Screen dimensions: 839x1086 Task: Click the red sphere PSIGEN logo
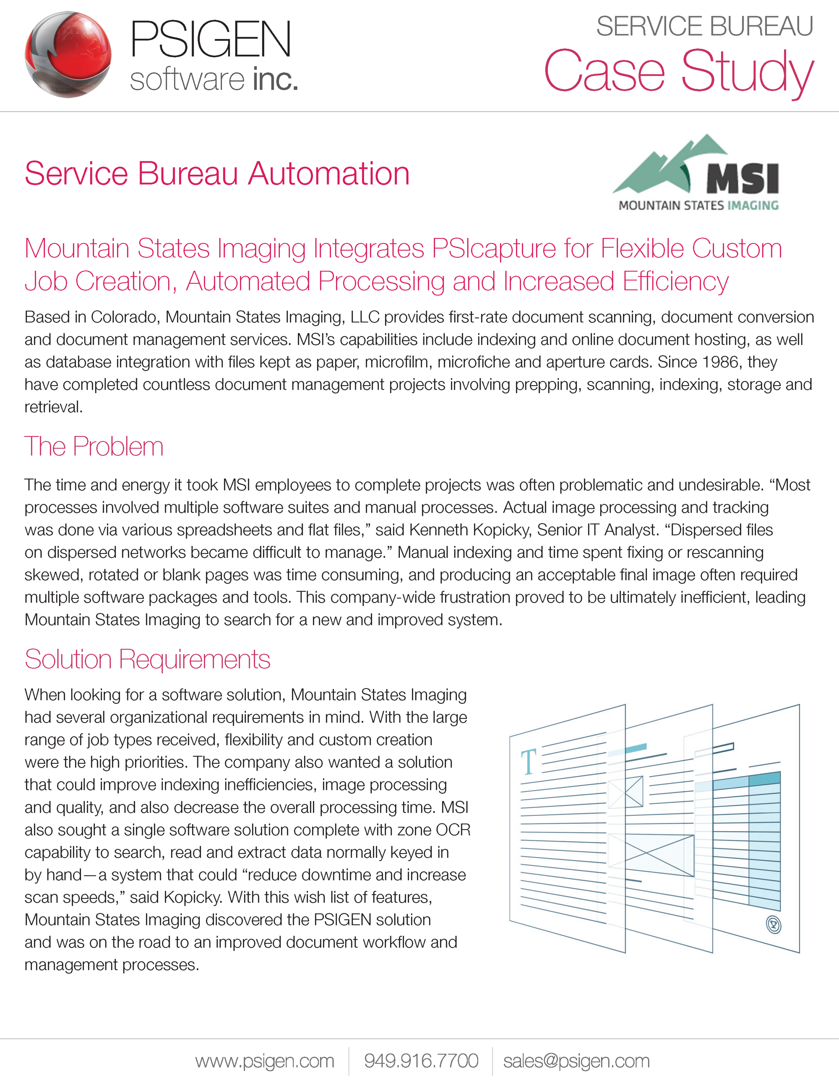68,55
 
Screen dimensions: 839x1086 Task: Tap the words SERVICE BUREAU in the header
705,26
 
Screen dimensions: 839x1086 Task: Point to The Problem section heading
94,446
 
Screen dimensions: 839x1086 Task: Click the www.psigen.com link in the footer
264,1061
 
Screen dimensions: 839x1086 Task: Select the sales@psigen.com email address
576,1061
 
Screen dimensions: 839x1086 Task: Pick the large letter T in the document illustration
528,762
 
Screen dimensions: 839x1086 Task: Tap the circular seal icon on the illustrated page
773,925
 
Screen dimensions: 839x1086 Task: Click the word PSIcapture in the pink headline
494,248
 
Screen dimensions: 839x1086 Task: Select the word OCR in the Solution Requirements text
453,830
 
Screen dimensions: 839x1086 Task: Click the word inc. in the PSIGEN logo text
275,80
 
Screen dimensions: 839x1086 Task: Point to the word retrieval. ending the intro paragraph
54,407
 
